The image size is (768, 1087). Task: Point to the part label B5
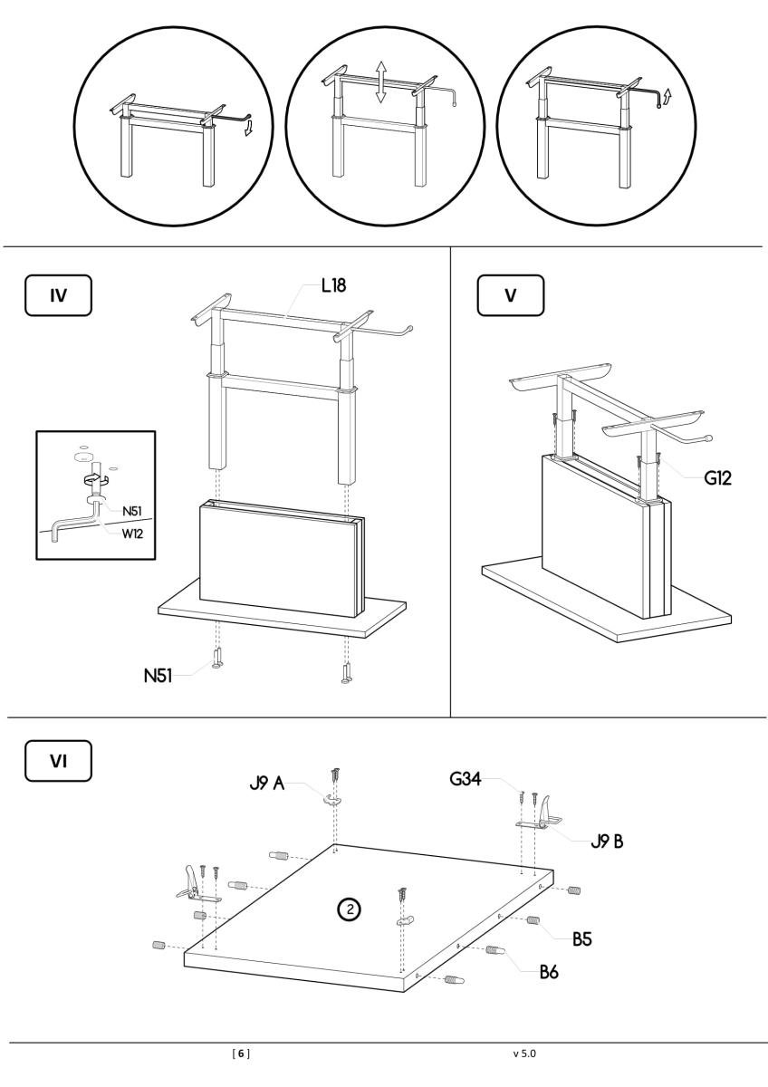[579, 939]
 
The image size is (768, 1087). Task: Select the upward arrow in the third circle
[669, 96]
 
